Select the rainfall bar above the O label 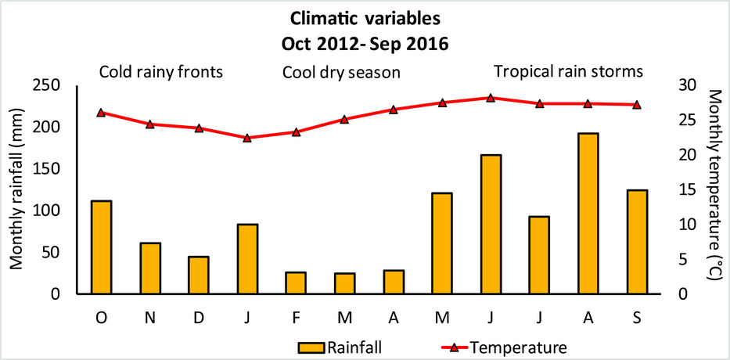tap(102, 247)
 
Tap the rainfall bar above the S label tap(637, 242)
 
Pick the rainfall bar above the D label tap(199, 275)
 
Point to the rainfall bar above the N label tap(150, 268)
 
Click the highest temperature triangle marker tap(491, 98)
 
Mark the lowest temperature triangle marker tap(247, 138)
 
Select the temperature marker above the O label tap(102, 112)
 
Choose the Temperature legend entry tap(504, 347)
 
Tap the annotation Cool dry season tap(341, 73)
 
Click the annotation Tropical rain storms tap(569, 72)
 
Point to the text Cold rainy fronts tap(160, 73)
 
